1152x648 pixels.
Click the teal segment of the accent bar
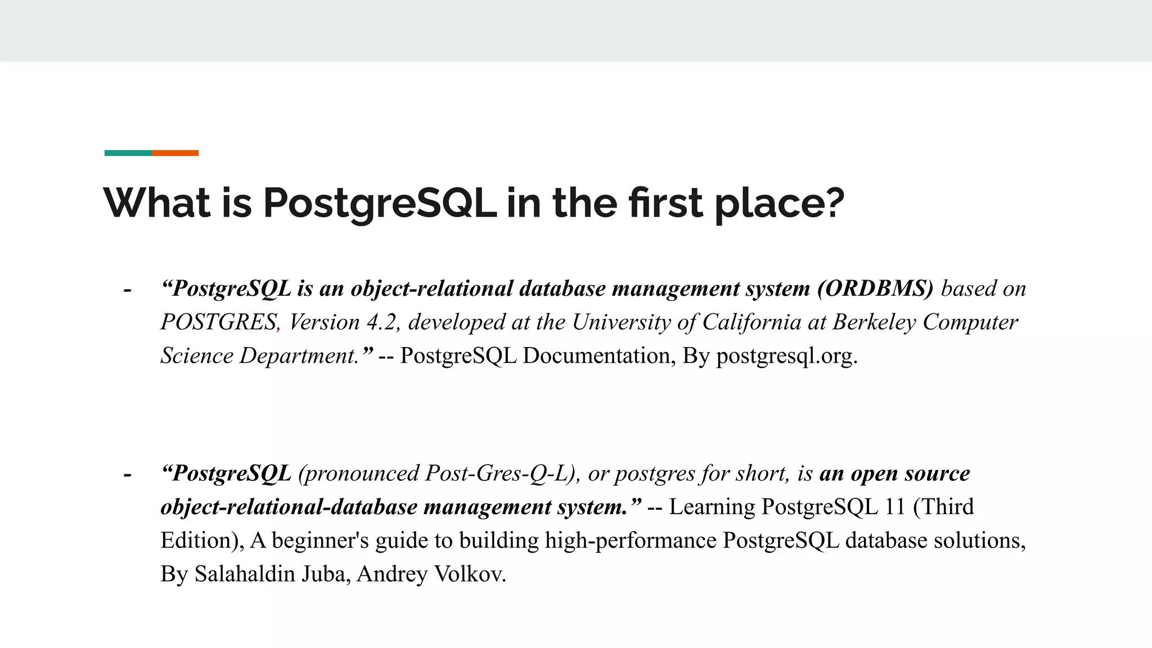tap(128, 153)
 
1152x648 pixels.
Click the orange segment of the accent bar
tap(175, 153)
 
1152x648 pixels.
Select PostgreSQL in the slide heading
tap(380, 204)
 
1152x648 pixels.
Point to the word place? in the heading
tap(780, 204)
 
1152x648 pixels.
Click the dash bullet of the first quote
tap(128, 290)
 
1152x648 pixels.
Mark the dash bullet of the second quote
tap(128, 475)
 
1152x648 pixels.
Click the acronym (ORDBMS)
tap(875, 289)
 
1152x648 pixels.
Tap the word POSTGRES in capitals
tap(218, 322)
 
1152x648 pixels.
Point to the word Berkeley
tap(874, 322)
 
